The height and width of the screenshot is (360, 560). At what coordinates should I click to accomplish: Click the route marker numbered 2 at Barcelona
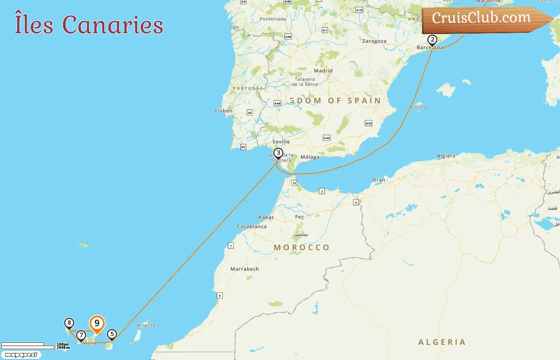pos(432,40)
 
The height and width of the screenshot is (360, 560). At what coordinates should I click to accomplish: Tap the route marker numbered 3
pos(278,153)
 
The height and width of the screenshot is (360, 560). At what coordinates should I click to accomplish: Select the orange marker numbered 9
pos(97,324)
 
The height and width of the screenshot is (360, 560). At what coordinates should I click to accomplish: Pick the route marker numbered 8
pos(69,323)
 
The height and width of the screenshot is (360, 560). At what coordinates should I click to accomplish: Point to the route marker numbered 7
pos(81,335)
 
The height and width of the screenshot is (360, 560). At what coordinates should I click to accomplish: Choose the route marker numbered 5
pos(112,334)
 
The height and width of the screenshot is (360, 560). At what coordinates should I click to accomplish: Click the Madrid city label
pos(323,71)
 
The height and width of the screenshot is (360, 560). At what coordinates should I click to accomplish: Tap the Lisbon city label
pos(224,111)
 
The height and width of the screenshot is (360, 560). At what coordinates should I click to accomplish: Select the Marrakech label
pos(244,269)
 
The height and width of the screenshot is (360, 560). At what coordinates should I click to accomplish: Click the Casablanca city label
pos(252,226)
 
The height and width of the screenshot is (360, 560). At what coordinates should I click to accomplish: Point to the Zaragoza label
pos(374,41)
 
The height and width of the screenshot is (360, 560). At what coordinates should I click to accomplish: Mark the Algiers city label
pos(446,156)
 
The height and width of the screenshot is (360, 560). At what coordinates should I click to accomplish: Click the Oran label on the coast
pos(378,180)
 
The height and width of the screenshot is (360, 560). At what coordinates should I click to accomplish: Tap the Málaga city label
pos(310,157)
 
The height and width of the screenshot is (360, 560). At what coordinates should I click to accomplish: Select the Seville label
pos(281,142)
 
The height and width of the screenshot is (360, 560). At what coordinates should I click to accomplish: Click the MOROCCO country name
pos(302,248)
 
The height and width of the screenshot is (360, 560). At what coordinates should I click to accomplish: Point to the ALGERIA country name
pos(442,342)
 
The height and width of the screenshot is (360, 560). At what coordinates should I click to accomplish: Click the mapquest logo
pos(21,355)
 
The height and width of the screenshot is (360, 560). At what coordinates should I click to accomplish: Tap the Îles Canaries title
pos(89,24)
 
